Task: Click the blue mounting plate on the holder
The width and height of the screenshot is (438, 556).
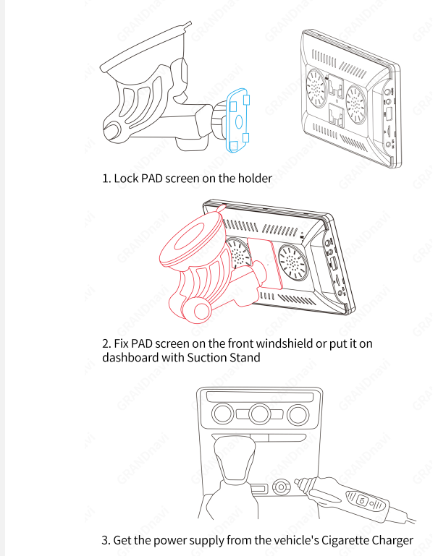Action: click(x=237, y=121)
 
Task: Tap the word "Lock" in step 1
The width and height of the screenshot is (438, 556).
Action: click(x=127, y=179)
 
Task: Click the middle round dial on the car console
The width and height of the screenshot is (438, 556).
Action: click(x=259, y=414)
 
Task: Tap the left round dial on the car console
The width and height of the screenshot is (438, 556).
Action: click(x=222, y=414)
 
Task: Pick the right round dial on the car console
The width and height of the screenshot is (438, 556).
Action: click(x=298, y=414)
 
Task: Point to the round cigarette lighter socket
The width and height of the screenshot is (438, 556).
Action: click(x=281, y=487)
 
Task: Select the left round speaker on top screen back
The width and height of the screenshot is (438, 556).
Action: click(x=316, y=88)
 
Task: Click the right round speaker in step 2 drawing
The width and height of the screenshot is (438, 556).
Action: click(x=292, y=262)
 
